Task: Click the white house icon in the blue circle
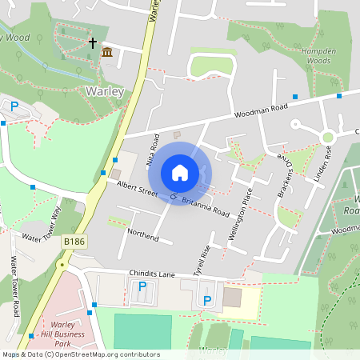(180, 173)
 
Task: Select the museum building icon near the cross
(107, 53)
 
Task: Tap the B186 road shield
(74, 240)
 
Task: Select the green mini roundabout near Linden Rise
(327, 138)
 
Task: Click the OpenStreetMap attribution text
(80, 354)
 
